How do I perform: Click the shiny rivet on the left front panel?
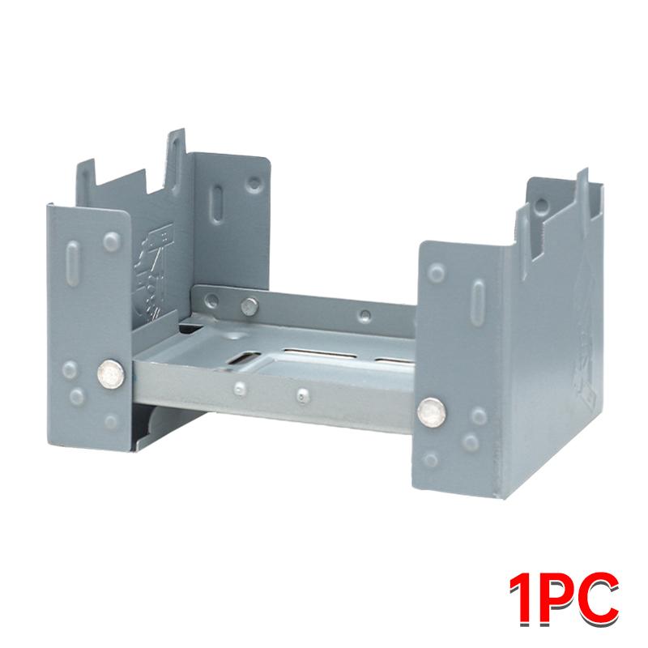tap(111, 374)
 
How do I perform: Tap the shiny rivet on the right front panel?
tap(431, 411)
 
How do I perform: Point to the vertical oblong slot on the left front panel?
tap(72, 263)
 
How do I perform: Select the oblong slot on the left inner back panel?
tap(216, 205)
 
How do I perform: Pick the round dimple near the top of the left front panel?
tap(112, 241)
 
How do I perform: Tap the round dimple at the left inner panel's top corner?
tap(254, 184)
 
